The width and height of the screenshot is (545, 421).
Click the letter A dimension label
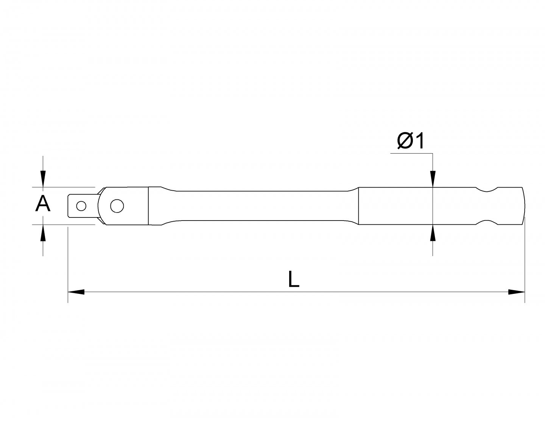(x=43, y=205)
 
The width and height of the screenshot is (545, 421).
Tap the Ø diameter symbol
(x=405, y=141)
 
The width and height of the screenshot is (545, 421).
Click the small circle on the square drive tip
(x=81, y=206)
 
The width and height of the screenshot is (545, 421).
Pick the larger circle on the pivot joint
(x=117, y=206)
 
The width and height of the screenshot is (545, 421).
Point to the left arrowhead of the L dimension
(x=76, y=292)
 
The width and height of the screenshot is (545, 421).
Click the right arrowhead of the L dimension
(x=517, y=292)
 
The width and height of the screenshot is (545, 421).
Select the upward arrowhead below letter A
(x=43, y=233)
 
